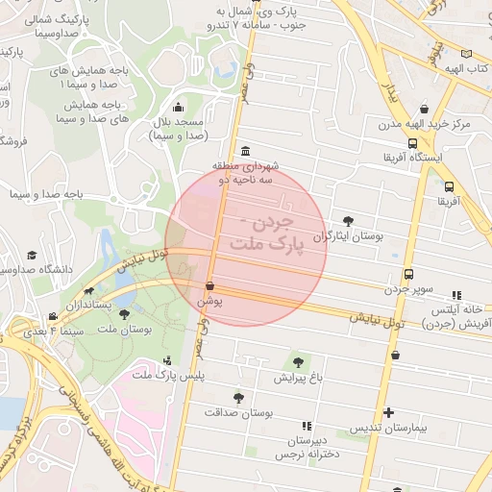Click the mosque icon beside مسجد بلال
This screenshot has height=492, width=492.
[x=178, y=108]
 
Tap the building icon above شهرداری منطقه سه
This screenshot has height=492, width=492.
[x=246, y=152]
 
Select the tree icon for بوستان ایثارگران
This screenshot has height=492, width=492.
[x=347, y=221]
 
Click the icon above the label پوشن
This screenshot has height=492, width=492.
[x=209, y=286]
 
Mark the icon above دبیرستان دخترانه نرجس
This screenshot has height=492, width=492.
[x=306, y=426]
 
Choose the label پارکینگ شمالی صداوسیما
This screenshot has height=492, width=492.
[x=66, y=25]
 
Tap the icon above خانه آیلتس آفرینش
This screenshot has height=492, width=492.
[x=455, y=296]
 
